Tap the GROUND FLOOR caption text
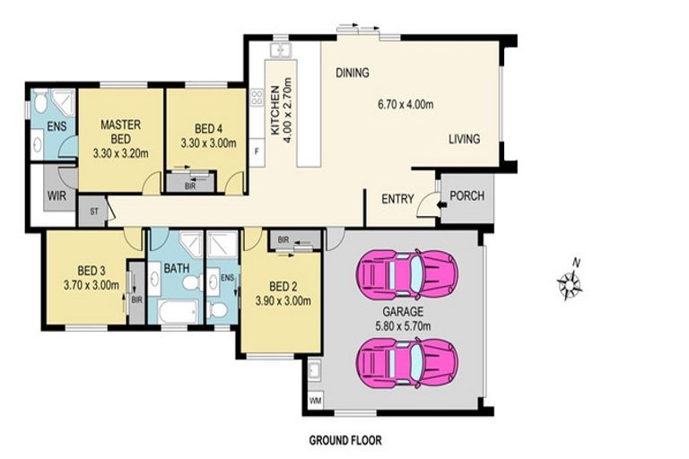[x=345, y=440]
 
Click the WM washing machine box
[x=315, y=400]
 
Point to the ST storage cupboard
[x=93, y=212]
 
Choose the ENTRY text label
[x=397, y=199]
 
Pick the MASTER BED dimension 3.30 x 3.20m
[x=118, y=152]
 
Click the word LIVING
[x=464, y=139]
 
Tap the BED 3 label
[x=92, y=270]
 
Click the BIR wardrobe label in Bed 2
[x=283, y=240]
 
